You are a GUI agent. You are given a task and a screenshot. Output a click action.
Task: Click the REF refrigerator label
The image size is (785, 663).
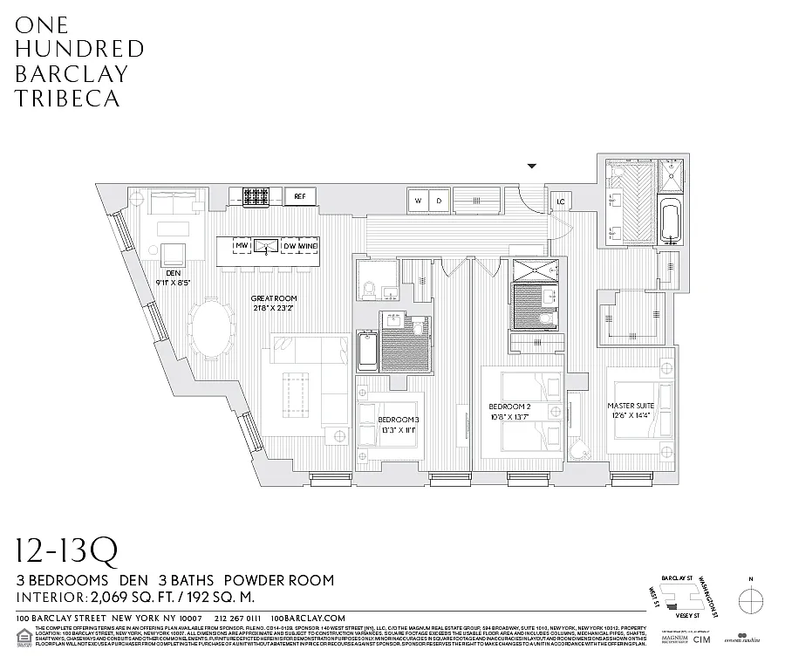click(298, 196)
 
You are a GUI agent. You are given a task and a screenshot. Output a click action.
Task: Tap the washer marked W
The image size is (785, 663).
click(419, 202)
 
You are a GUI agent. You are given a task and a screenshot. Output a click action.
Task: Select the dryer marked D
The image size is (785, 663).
click(439, 202)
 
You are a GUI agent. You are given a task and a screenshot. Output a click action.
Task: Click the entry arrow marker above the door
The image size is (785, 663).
click(532, 166)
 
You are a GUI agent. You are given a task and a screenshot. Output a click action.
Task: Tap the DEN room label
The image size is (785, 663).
click(172, 271)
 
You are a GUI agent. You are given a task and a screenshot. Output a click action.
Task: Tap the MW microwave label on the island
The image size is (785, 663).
click(242, 247)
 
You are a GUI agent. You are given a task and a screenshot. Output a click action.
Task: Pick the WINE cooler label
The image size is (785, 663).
click(308, 247)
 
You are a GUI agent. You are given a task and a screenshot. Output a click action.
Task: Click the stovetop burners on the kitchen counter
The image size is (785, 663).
click(256, 197)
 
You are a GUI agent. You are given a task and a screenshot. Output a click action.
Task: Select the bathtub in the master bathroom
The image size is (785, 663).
click(670, 222)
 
